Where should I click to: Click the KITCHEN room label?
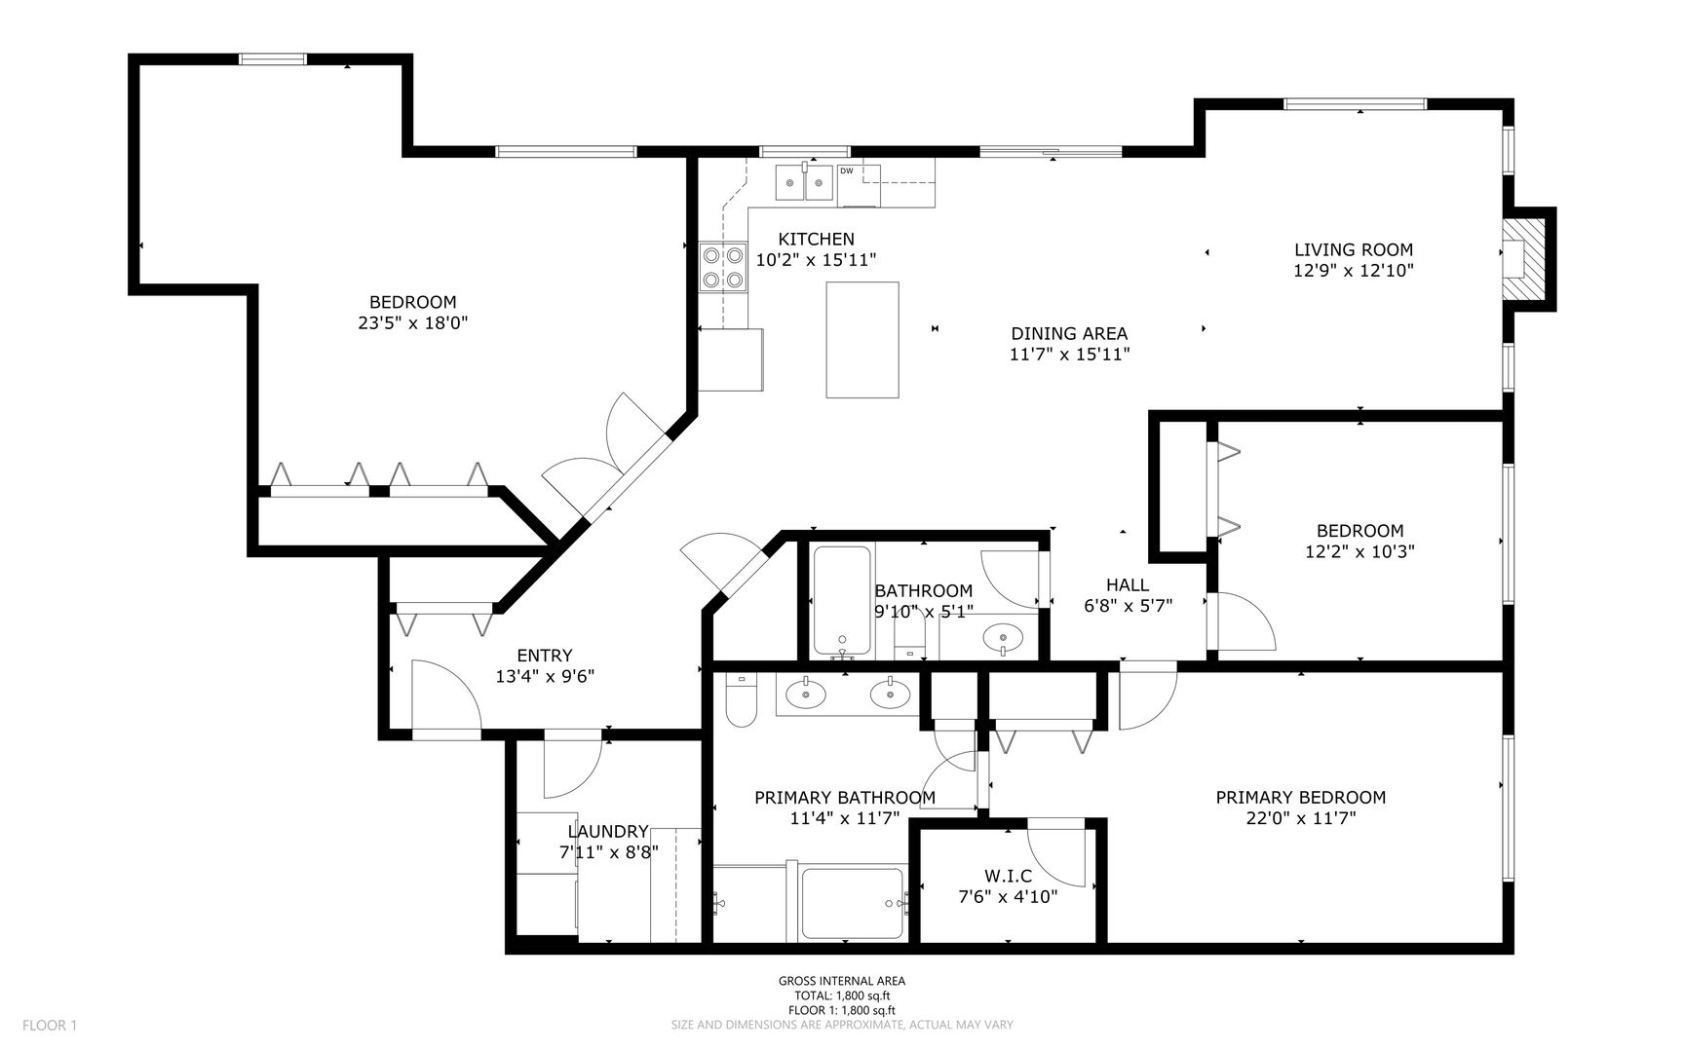click(x=816, y=239)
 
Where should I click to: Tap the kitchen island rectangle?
click(x=862, y=340)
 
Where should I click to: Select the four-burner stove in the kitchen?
click(x=723, y=267)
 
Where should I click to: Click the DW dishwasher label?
click(x=847, y=171)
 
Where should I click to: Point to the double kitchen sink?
click(x=805, y=182)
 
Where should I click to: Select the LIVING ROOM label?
click(x=1354, y=250)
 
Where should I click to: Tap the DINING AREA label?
click(x=1069, y=334)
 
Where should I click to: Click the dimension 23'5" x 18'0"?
click(x=413, y=322)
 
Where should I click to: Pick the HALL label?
click(x=1128, y=584)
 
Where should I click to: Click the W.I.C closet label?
click(x=1008, y=877)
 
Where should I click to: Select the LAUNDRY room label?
click(x=608, y=831)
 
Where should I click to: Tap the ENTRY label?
click(x=545, y=656)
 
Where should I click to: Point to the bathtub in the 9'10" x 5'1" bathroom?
click(x=841, y=600)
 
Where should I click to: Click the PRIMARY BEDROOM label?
click(x=1301, y=798)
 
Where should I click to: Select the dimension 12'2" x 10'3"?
click(x=1360, y=551)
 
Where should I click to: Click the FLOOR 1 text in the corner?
click(x=50, y=1025)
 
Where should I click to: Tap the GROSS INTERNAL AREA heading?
click(x=842, y=981)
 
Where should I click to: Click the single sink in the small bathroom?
click(x=1001, y=639)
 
